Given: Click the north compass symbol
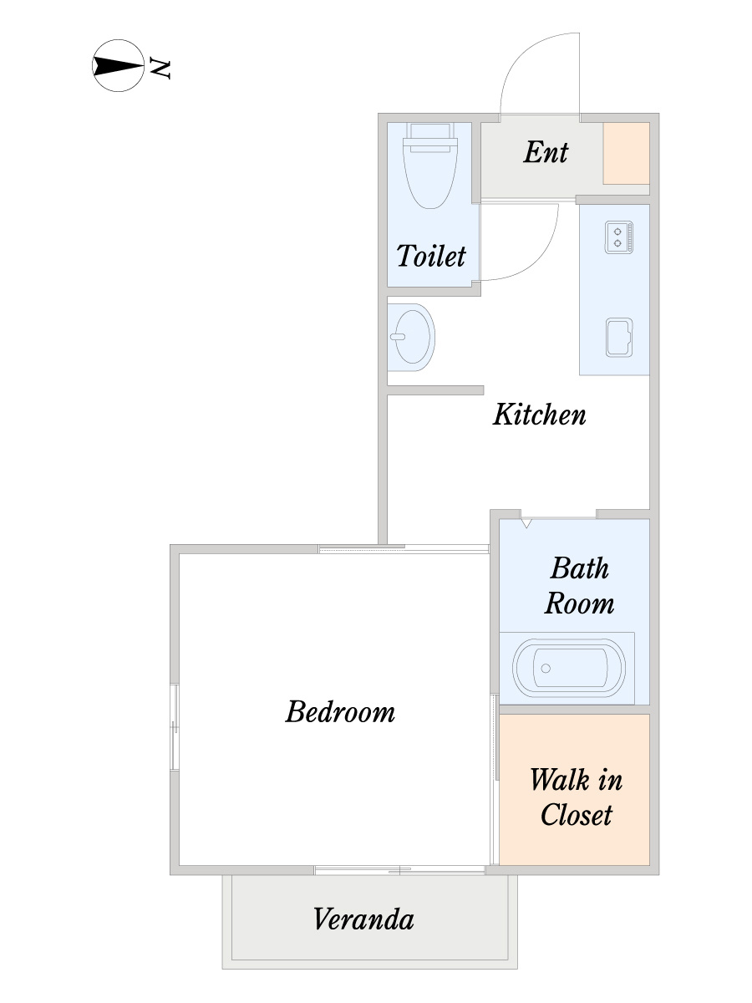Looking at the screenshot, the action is pyautogui.click(x=119, y=65).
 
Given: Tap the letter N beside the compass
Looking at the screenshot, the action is pyautogui.click(x=160, y=69).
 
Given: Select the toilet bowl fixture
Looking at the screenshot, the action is pyautogui.click(x=430, y=165).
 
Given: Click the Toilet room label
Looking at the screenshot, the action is pyautogui.click(x=431, y=256).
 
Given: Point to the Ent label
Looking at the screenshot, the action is pyautogui.click(x=546, y=152).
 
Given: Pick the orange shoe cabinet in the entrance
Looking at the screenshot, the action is pyautogui.click(x=626, y=154).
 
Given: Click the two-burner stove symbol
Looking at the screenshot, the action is pyautogui.click(x=618, y=237).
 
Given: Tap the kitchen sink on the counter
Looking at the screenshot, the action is pyautogui.click(x=619, y=338).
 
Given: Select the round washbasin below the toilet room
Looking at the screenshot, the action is pyautogui.click(x=412, y=337).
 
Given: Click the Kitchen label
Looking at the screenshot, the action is pyautogui.click(x=539, y=415).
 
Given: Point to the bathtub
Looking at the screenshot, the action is pyautogui.click(x=568, y=668).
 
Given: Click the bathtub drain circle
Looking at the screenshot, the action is pyautogui.click(x=546, y=669).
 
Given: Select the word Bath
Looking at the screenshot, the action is pyautogui.click(x=579, y=568).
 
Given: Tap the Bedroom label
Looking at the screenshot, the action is pyautogui.click(x=340, y=712).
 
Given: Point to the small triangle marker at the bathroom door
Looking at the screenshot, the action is pyautogui.click(x=526, y=523).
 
